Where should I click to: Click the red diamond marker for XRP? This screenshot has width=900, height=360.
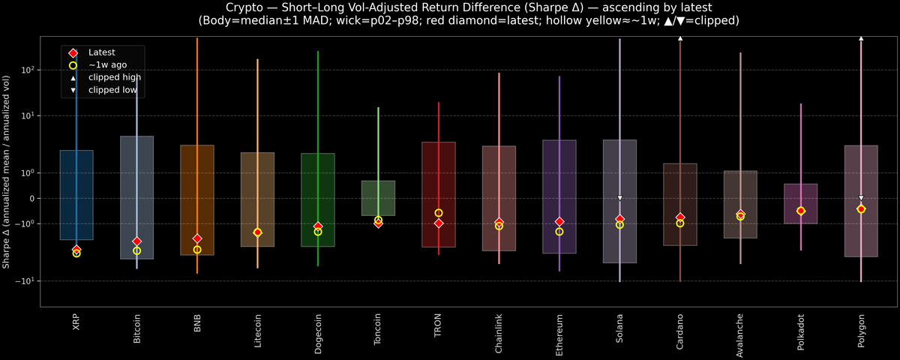coord(76,250)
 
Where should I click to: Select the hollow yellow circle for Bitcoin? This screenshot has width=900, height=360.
coord(136,250)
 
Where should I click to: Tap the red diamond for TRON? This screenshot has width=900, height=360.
coord(439,223)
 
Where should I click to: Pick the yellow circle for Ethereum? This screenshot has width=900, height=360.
coord(559,232)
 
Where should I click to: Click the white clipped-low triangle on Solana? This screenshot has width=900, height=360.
coord(620,198)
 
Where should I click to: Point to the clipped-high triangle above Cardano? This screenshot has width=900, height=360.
coord(680,37)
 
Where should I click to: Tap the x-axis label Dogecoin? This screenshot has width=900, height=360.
coord(318,330)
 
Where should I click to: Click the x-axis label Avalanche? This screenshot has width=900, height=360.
coord(740,331)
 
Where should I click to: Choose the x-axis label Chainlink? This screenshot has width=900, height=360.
coord(499,331)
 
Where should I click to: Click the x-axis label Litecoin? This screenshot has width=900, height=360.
coord(257,329)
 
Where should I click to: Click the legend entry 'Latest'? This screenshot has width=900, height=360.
coord(102,52)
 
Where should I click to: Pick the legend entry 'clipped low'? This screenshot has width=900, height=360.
coord(112,90)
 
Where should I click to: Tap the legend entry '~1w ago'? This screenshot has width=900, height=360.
coord(106,65)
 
